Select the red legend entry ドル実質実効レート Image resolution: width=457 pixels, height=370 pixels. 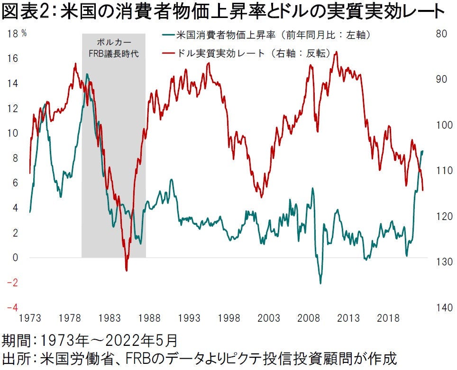click(x=251, y=53)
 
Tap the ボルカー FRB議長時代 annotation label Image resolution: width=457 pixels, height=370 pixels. click(x=114, y=48)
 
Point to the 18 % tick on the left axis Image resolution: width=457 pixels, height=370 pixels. click(x=17, y=34)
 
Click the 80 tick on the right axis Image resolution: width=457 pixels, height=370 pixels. click(x=441, y=34)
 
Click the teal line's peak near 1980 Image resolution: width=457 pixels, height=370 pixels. click(x=87, y=74)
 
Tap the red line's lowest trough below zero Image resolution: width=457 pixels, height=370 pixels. click(x=127, y=270)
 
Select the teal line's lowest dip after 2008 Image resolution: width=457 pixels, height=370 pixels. click(x=320, y=283)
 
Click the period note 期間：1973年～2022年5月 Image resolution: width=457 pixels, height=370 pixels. click(x=90, y=341)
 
